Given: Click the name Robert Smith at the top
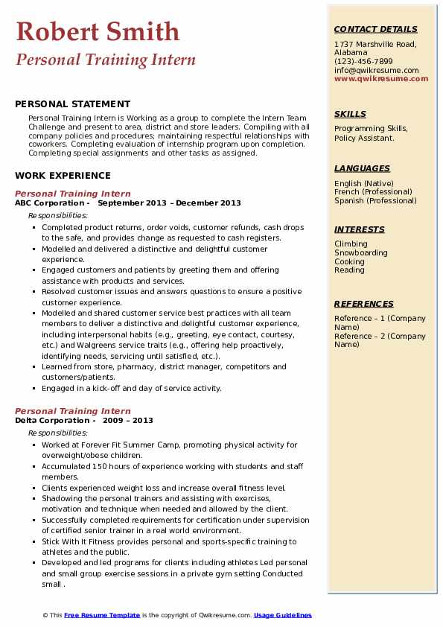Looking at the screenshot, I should coord(98,31).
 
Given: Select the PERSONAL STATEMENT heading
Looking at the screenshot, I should coord(72,104).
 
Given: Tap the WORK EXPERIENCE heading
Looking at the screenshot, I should coord(63,176).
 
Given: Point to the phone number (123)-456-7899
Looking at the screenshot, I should coord(363,62).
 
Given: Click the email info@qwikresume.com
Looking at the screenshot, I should coord(376,70).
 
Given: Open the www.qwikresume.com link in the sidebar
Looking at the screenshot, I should coord(381,78).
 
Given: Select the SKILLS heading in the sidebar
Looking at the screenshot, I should coord(350,114).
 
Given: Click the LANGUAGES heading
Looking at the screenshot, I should coord(362,168).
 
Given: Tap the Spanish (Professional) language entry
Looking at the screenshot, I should coord(375,200).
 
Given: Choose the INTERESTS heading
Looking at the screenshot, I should coord(359,229).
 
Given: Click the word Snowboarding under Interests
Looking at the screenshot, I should coord(361,253).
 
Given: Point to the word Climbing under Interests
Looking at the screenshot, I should coord(351,244).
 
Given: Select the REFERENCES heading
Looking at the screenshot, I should coord(364,304).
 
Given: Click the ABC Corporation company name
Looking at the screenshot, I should coord(49,203).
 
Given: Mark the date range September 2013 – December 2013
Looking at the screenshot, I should coord(170,203).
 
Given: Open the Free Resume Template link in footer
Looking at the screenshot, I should coord(102,615).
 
